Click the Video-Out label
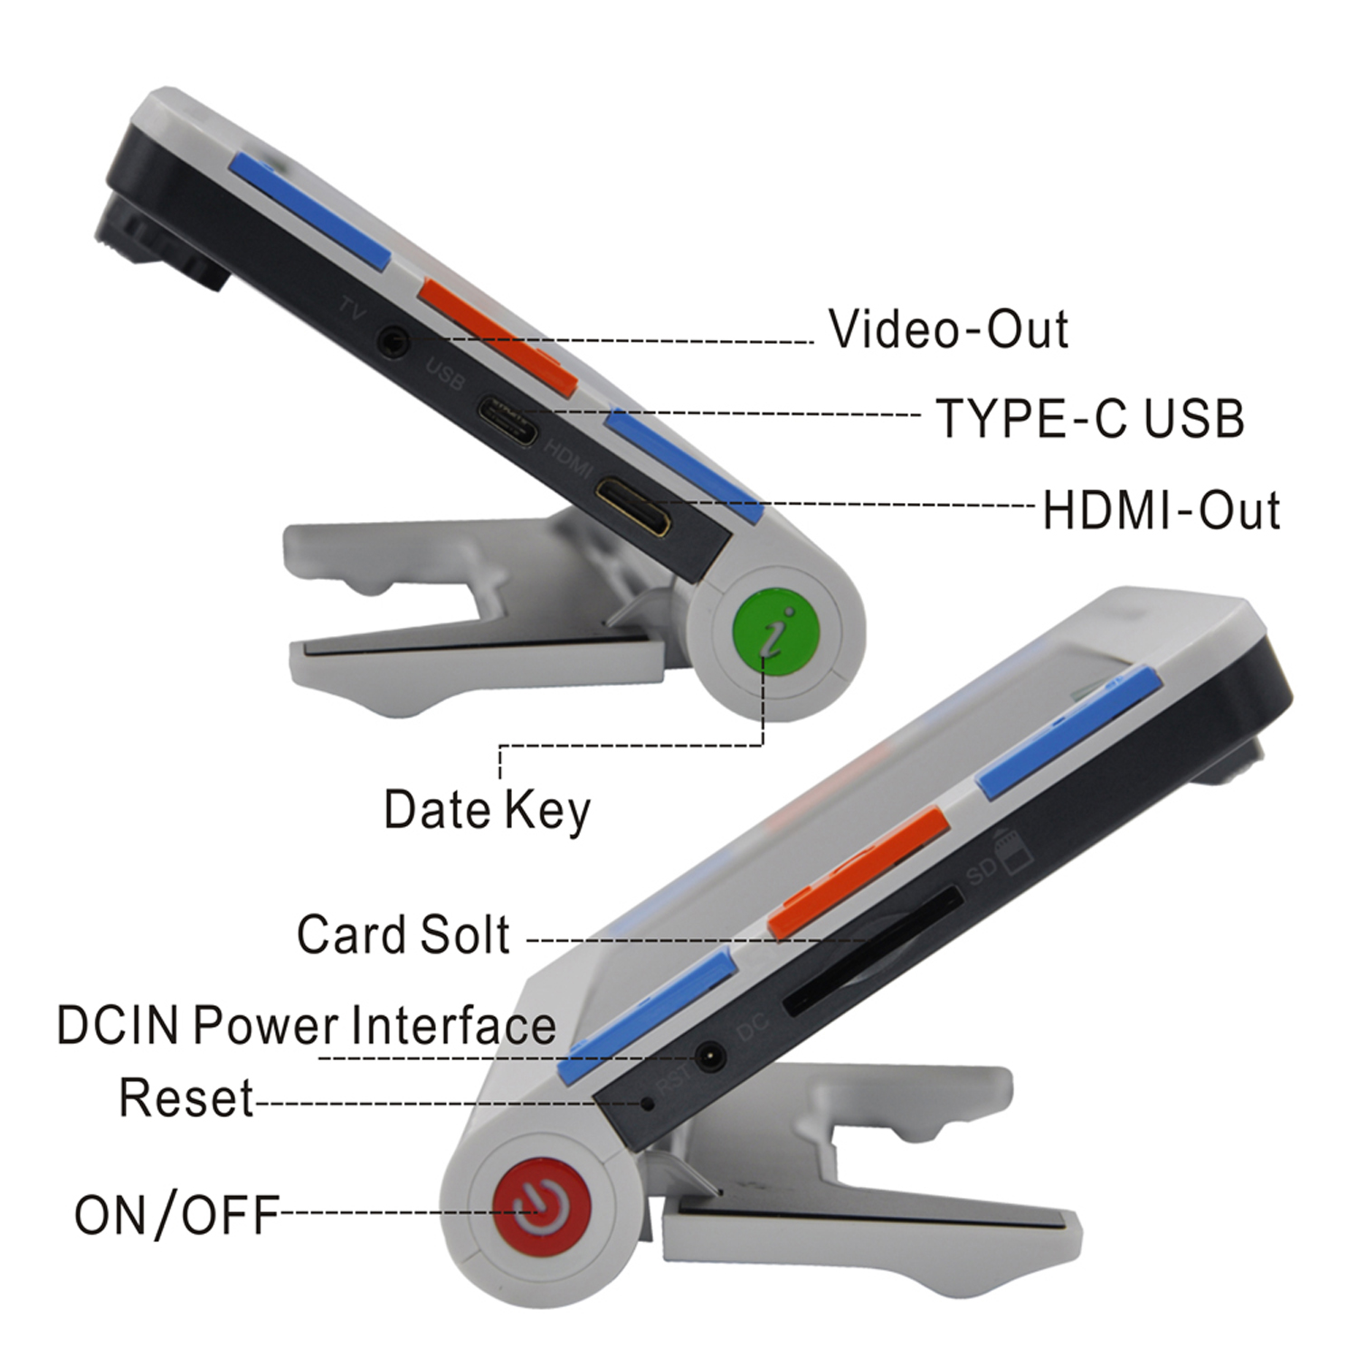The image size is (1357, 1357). [x=948, y=329]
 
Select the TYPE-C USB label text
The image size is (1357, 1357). [x=1090, y=419]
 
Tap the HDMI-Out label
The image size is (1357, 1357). [x=1161, y=510]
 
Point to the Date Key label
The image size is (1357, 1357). [x=487, y=810]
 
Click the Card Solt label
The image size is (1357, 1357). [x=403, y=935]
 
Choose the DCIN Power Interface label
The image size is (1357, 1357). [x=306, y=1026]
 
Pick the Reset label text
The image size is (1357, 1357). [x=186, y=1098]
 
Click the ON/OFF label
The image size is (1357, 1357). [x=176, y=1215]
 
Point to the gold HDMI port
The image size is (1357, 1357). [x=633, y=508]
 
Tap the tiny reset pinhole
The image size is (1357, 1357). [x=648, y=1103]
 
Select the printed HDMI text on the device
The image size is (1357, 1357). [x=569, y=459]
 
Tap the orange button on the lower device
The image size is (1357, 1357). [x=858, y=873]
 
